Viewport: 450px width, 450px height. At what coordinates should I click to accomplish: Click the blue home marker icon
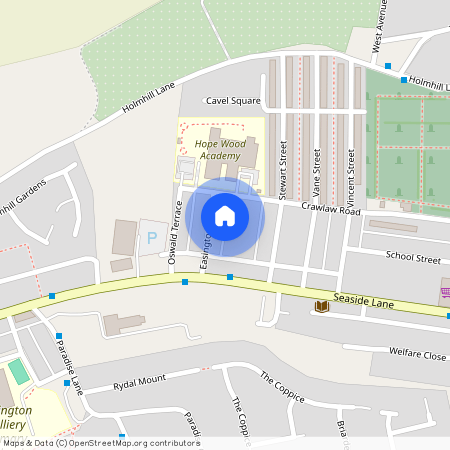[225, 215]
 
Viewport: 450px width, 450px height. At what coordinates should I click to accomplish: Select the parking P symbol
[152, 238]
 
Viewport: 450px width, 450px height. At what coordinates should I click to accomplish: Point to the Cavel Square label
[233, 101]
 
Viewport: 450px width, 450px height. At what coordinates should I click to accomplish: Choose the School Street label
[413, 258]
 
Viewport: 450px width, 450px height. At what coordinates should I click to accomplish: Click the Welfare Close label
[419, 355]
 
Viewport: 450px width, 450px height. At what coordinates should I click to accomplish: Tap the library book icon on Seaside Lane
[322, 305]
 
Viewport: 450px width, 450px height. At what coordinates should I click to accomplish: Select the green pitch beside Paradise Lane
[19, 372]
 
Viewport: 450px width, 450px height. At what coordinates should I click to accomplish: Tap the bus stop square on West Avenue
[387, 65]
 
